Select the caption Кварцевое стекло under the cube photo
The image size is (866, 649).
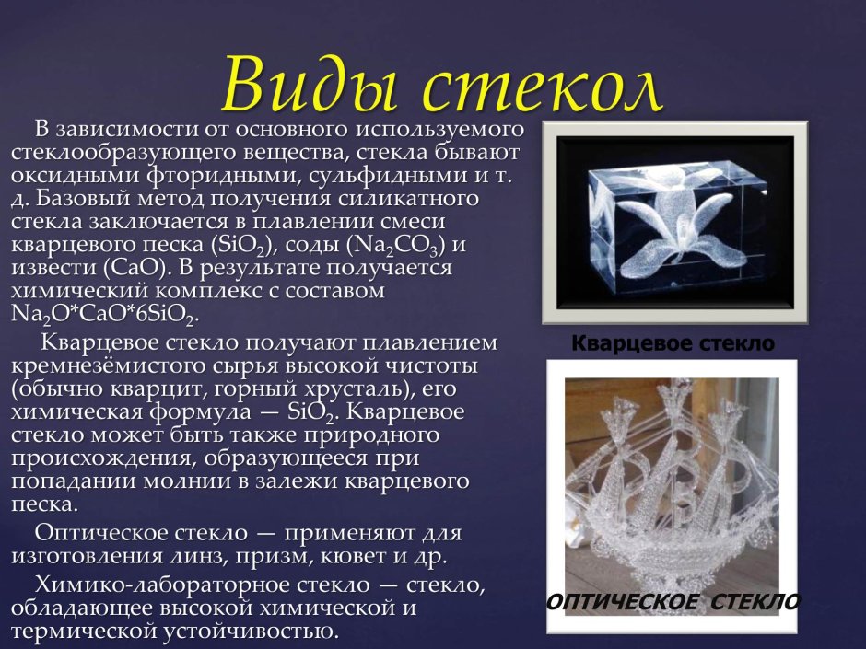click(x=673, y=344)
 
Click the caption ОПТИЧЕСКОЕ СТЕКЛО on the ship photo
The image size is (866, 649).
click(x=673, y=602)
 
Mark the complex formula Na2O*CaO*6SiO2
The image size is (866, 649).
click(x=104, y=313)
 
